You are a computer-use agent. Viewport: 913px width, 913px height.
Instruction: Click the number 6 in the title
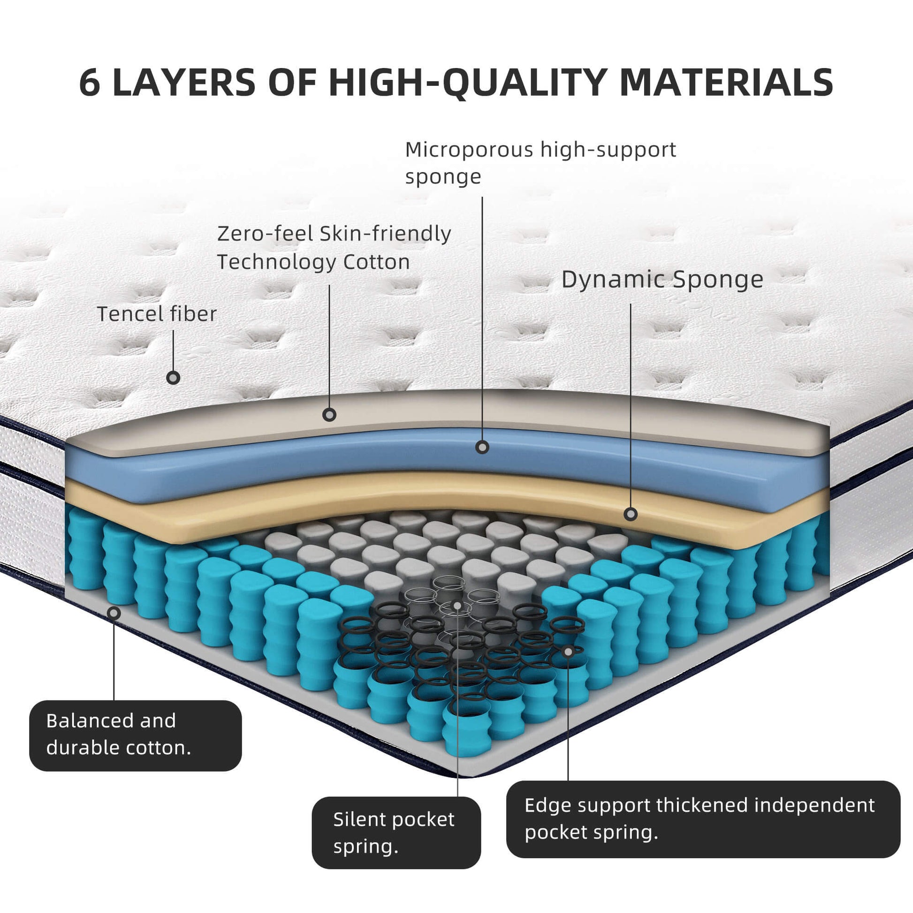[90, 83]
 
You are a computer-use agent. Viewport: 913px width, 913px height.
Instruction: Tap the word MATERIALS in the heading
[726, 83]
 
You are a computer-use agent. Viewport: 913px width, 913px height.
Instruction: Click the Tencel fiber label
[156, 314]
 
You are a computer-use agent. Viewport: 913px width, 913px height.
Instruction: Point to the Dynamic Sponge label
[662, 279]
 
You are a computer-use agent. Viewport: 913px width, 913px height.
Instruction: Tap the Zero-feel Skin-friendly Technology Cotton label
[334, 247]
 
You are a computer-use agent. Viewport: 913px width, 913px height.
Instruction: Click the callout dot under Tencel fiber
[174, 378]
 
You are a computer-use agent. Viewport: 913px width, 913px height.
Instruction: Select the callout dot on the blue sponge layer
[482, 447]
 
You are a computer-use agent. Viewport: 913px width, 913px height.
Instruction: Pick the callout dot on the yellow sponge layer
[631, 514]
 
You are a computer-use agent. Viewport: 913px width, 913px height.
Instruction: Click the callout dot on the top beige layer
[329, 415]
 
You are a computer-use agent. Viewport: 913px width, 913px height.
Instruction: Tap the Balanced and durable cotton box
[135, 735]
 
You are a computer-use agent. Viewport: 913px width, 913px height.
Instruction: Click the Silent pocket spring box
[396, 833]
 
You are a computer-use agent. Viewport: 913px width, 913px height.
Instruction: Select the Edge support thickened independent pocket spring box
[703, 819]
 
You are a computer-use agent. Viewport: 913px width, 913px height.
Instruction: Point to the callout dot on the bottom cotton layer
[114, 613]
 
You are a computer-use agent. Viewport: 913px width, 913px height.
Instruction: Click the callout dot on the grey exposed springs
[457, 605]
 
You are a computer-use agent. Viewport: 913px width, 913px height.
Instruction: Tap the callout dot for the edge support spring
[569, 652]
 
